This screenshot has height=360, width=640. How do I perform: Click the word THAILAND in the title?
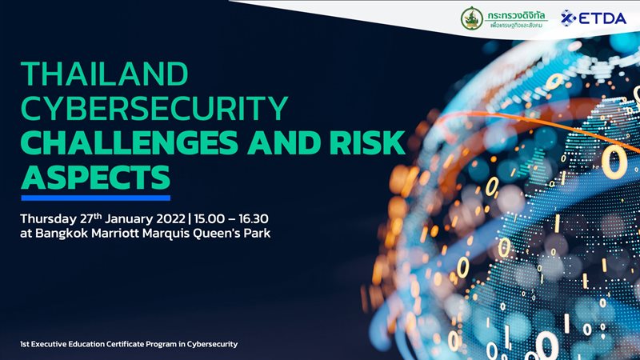tap(104, 74)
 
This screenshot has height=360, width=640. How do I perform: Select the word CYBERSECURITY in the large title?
tap(154, 108)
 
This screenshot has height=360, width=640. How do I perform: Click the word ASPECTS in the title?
tap(95, 174)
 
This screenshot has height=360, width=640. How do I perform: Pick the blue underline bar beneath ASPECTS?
tap(95, 197)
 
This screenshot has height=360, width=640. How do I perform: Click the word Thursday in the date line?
tap(49, 218)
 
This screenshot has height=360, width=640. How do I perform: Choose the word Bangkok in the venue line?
tap(65, 235)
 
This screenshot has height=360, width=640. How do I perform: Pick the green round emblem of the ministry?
tap(471, 18)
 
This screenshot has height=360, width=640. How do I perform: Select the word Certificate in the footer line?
tap(130, 343)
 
